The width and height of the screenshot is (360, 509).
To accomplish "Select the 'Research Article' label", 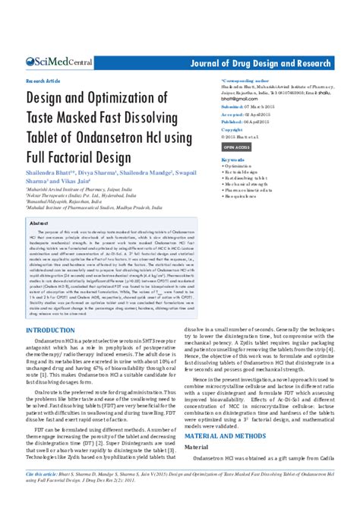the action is [43, 79].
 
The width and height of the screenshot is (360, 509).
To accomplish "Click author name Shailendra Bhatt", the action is [51, 174].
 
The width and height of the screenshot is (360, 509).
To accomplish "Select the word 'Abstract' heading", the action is [38, 224].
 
